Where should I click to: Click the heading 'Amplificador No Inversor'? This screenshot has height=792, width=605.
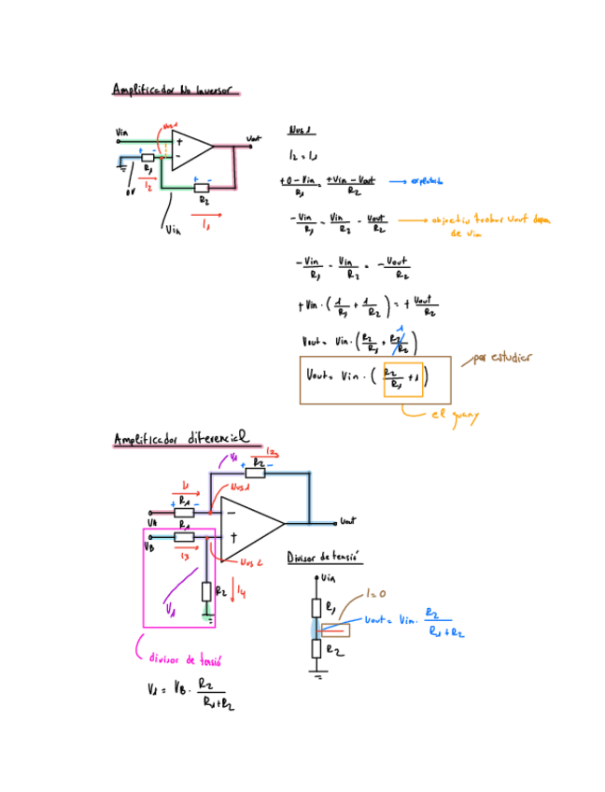click(175, 90)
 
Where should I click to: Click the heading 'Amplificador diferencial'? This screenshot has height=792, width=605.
click(181, 438)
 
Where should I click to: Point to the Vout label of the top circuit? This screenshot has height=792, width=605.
click(253, 139)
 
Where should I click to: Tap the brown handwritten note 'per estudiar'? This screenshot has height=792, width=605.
click(503, 358)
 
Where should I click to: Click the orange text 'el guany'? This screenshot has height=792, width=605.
click(454, 417)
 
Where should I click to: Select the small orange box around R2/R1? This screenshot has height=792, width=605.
click(403, 379)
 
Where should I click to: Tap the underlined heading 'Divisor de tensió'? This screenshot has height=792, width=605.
click(324, 557)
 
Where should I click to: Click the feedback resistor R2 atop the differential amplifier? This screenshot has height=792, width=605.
click(256, 473)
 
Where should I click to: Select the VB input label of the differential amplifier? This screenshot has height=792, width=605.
click(148, 547)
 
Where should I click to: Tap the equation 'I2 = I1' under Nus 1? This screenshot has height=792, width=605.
click(304, 154)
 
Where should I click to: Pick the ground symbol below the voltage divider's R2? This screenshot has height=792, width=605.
click(318, 676)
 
